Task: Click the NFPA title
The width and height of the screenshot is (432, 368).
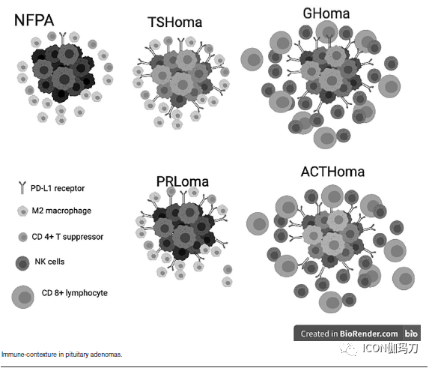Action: coord(34,20)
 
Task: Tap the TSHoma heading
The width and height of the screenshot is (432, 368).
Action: coord(174,22)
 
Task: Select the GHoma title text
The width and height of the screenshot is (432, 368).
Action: coord(326,13)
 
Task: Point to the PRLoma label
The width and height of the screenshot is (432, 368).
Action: coord(183,181)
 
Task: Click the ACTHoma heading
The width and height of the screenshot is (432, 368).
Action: coord(332,172)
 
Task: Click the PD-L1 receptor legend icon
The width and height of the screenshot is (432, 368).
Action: coord(22,187)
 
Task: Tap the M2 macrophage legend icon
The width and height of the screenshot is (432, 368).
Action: coord(22,211)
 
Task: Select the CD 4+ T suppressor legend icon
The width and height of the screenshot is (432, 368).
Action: coord(23,237)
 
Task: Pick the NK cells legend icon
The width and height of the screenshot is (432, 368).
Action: coord(22,263)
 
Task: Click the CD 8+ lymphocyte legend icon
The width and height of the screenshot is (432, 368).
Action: coord(23,297)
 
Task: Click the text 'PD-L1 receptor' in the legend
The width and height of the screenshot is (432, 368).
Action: coord(58,188)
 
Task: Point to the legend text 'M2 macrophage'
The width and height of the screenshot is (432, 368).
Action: coord(61,211)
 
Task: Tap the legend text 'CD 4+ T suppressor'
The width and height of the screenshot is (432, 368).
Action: coord(67,237)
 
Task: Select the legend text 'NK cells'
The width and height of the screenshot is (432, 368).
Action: coord(49,262)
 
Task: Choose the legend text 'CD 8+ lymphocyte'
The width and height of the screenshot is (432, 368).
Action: coord(75,293)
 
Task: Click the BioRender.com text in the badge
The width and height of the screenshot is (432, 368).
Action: coord(368,334)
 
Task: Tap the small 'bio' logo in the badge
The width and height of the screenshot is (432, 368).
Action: coord(411,334)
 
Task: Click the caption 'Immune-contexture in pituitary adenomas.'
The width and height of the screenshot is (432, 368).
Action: coord(61,355)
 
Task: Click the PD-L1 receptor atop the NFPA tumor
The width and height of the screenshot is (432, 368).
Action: coord(63,38)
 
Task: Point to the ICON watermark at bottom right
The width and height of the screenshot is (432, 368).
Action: coord(379,349)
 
